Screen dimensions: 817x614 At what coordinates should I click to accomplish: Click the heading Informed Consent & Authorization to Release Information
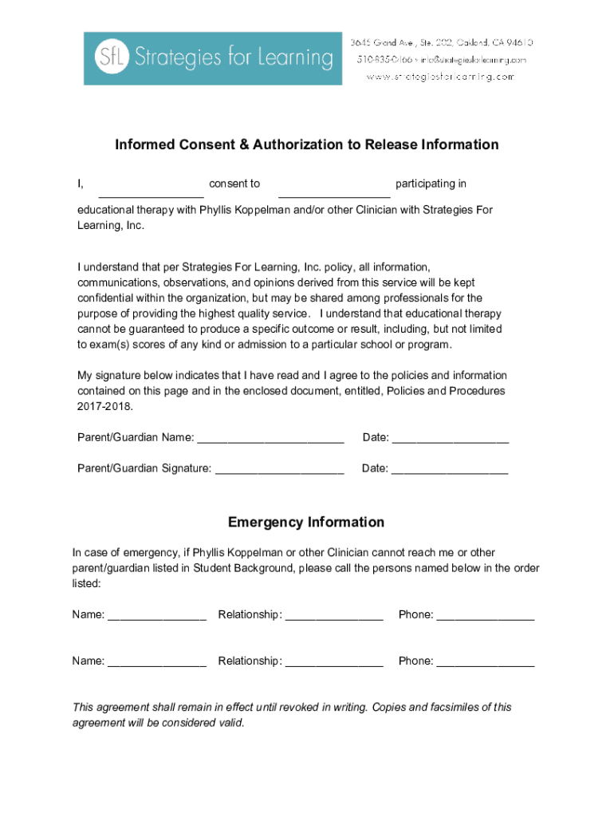point(307,144)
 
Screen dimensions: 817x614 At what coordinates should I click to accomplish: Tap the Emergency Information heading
point(306,523)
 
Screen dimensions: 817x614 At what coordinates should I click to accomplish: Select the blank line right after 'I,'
point(151,191)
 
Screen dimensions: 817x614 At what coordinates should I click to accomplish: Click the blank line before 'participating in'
point(334,191)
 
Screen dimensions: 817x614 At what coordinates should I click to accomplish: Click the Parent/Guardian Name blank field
point(270,439)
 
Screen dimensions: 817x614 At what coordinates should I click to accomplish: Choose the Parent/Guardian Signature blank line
point(280,470)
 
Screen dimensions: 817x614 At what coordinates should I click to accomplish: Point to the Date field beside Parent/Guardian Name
point(451,439)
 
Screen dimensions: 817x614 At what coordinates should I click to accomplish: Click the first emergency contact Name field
point(157,616)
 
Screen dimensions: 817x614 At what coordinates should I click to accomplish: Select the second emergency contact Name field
point(157,662)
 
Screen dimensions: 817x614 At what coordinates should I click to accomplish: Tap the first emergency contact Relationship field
point(334,616)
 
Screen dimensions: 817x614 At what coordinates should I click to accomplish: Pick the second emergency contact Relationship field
point(334,662)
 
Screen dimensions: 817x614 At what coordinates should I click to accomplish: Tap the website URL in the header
point(440,77)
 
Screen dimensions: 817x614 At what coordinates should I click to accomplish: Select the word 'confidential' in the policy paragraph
point(106,297)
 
